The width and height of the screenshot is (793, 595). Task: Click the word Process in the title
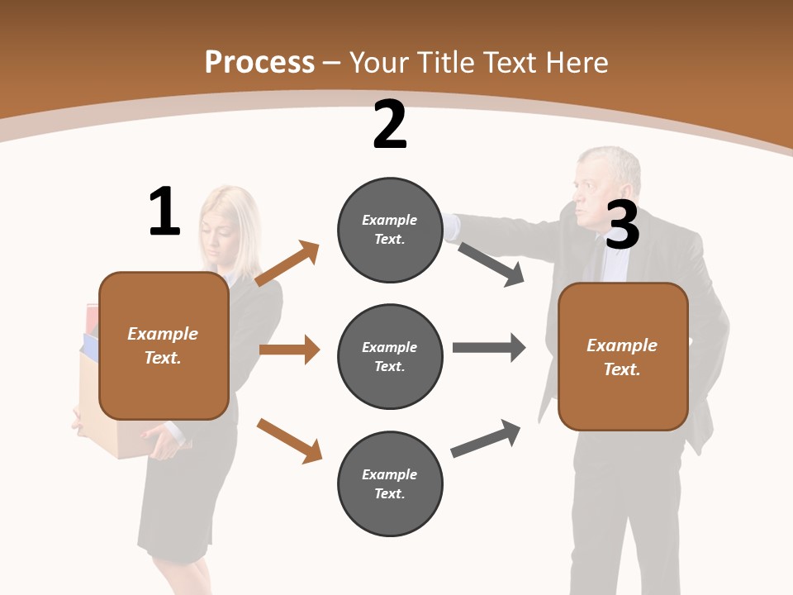pos(259,62)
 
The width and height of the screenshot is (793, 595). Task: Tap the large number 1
pos(164,212)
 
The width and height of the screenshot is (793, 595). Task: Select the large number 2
pos(390,125)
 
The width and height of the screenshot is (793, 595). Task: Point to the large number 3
pos(623,225)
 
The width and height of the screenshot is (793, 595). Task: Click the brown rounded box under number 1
pos(164,345)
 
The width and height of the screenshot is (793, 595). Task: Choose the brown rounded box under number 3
pos(623,357)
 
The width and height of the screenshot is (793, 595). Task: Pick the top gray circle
pos(390,230)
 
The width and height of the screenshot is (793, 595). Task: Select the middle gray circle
pos(390,357)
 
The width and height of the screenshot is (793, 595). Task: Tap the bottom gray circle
pos(390,484)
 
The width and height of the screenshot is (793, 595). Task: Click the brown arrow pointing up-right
pos(287,264)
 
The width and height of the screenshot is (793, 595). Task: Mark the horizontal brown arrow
pos(289,350)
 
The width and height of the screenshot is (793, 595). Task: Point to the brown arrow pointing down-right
pos(289,440)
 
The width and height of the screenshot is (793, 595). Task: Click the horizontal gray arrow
pos(489,348)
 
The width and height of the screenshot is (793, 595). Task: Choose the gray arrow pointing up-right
pos(487,438)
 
